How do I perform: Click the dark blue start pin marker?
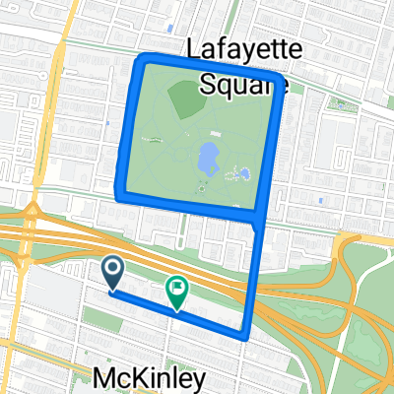tap(111, 269)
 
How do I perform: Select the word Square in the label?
tap(242, 83)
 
